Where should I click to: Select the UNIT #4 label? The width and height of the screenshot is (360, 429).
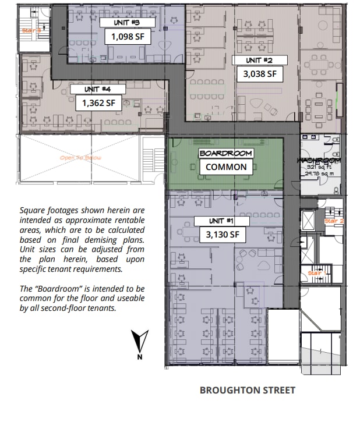[x=97, y=90]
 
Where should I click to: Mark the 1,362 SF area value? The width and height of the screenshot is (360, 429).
[x=98, y=104]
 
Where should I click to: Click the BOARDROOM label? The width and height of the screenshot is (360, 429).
[x=226, y=153]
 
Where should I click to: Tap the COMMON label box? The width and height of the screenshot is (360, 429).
[x=226, y=167]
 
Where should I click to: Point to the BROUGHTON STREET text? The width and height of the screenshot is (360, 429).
[x=248, y=390]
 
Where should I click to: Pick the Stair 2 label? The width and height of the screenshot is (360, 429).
[x=334, y=221]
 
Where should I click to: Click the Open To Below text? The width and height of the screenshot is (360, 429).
[x=77, y=158]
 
